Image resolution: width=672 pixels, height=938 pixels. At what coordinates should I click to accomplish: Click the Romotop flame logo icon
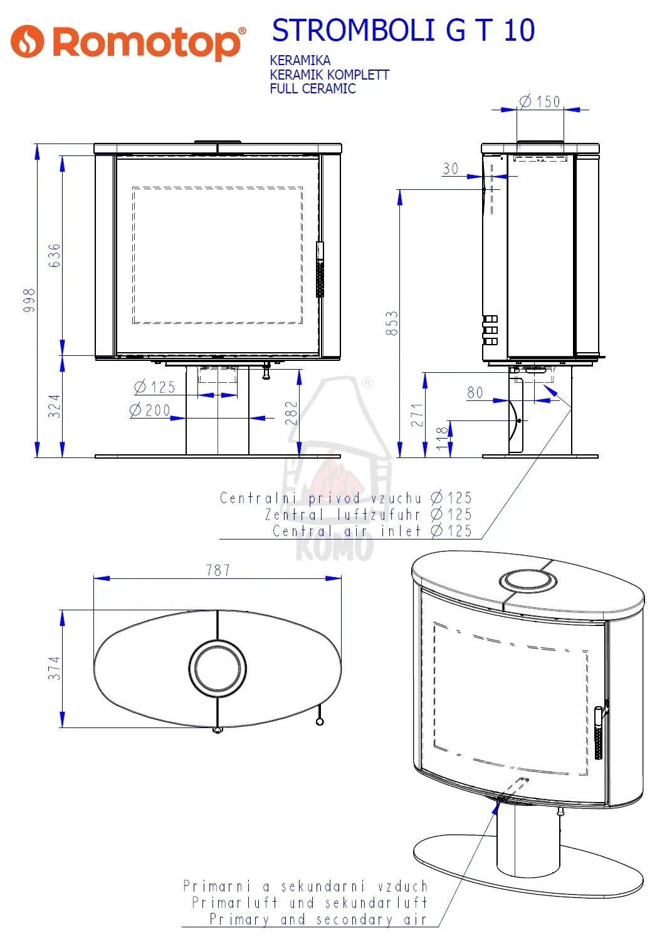pos(27,41)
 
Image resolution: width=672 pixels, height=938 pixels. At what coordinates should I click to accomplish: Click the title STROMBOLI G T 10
pos(404,30)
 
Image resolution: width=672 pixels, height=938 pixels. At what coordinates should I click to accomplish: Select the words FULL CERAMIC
pos(313,89)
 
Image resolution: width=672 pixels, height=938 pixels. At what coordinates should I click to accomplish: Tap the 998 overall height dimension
pos(29,300)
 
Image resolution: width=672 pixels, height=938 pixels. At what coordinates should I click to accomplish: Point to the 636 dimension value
pos(55,256)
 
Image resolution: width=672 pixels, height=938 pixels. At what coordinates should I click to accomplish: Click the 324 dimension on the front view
pos(55,406)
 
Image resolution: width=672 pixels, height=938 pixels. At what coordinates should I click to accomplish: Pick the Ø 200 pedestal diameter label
pos(150,410)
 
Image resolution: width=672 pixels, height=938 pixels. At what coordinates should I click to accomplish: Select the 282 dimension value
pos(291,414)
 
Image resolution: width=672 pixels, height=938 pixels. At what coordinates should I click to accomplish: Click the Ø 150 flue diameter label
pos(540,102)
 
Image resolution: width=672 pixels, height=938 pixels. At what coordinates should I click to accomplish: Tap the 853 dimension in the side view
pos(392,323)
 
